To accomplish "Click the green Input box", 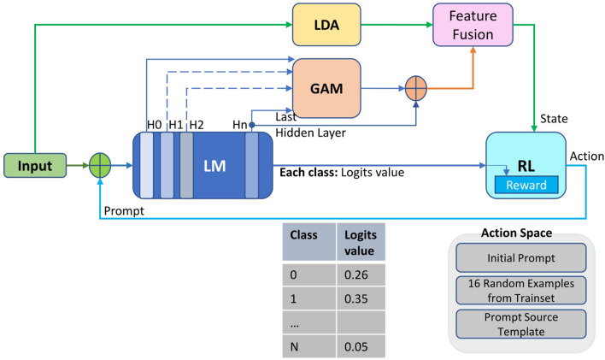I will point(36,166).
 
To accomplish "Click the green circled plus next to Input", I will point(103,166).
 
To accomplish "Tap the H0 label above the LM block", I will point(153,125).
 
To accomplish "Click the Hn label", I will point(240,125).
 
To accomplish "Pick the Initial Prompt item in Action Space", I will point(520,256).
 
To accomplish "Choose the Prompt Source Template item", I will point(520,323).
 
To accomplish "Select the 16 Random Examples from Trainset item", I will point(520,289).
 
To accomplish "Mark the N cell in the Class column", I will point(296,348).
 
